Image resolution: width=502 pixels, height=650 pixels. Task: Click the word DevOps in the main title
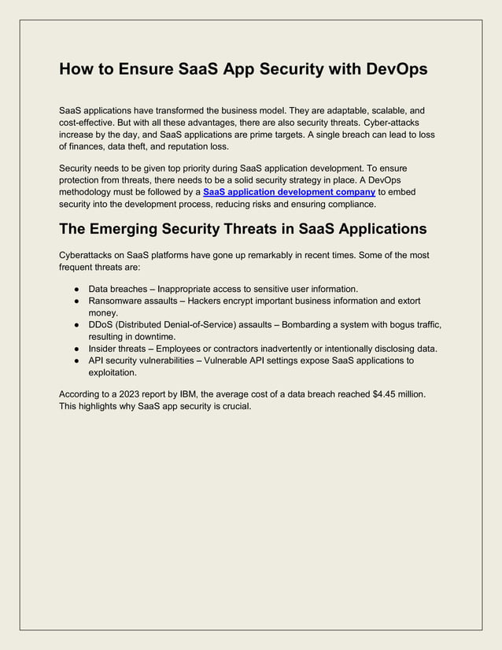tap(393, 69)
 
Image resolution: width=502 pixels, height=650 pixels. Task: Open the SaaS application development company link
tap(289, 191)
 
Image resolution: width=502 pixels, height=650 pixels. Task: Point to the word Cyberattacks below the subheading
tap(87, 256)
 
